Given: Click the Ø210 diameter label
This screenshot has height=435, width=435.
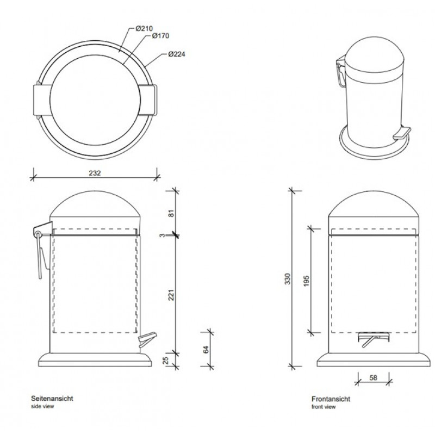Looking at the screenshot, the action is (144, 28).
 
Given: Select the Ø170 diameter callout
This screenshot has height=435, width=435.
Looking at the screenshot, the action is (160, 36).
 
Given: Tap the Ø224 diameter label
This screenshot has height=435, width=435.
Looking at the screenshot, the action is (177, 54).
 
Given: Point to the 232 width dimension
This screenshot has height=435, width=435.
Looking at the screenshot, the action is (95, 173).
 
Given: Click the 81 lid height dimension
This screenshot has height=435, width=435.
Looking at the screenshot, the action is (171, 213).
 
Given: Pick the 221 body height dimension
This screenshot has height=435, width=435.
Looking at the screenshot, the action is (171, 295).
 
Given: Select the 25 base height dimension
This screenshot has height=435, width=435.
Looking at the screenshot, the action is (165, 361).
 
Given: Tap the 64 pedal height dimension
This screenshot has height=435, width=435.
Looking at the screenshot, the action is (206, 350).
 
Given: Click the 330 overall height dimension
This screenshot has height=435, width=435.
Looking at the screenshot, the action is (288, 279).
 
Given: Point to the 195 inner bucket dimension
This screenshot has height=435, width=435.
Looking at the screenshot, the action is (306, 281).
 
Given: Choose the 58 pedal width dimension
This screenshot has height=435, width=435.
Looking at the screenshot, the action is (374, 377).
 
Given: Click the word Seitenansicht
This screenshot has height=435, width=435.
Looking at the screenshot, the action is (52, 399).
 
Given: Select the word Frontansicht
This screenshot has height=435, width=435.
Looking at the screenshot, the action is (331, 399).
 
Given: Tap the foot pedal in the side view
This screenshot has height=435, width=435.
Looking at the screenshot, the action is (147, 339).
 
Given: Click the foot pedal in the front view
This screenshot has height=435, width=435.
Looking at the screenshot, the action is (373, 339).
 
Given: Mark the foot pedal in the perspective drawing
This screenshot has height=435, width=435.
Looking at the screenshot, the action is (402, 133).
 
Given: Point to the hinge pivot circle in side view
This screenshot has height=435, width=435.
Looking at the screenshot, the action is (38, 234).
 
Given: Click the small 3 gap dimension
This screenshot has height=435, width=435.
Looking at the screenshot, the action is (162, 235).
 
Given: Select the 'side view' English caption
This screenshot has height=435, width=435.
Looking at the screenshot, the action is (42, 406).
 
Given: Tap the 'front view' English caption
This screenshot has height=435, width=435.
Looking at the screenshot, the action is (324, 407).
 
